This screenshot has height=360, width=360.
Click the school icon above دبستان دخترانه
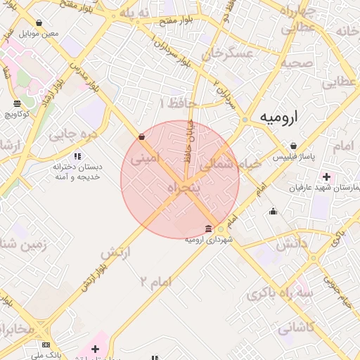point(77,156)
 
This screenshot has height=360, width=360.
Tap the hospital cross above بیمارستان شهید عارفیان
point(326,176)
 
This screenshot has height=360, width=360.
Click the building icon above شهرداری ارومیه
point(208,229)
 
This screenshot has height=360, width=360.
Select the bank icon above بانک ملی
point(46,345)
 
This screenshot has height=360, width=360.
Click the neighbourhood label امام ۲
point(155,282)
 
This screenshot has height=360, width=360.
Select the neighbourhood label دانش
point(291,245)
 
